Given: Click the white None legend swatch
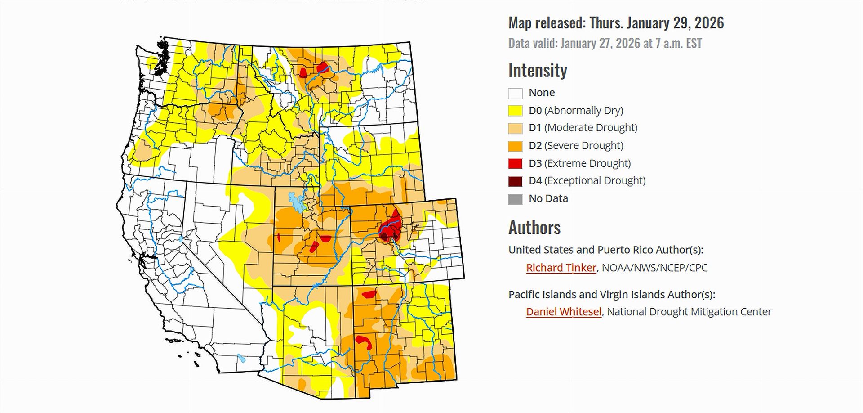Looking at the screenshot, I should click(515, 93).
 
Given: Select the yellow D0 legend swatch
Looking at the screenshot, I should click(515, 111).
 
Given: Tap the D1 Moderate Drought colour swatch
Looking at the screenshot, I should click(515, 128).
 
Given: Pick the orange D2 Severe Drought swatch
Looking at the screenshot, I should click(515, 146).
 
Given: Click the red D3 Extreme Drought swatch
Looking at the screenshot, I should click(515, 164).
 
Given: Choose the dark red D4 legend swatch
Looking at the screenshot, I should click(515, 181).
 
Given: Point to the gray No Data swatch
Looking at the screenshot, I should click(515, 199).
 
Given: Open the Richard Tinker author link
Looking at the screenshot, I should click(561, 268).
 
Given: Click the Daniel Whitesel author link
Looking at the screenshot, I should click(564, 312).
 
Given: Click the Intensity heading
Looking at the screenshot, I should click(538, 71).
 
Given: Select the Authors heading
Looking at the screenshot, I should click(534, 228).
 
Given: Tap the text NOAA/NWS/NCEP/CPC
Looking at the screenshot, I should click(654, 268).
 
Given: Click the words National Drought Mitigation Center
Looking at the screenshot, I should click(689, 312).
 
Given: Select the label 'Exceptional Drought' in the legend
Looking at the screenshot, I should click(595, 181).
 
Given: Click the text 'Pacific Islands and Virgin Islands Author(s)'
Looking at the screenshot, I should click(611, 295).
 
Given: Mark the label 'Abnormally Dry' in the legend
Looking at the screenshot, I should click(584, 111).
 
